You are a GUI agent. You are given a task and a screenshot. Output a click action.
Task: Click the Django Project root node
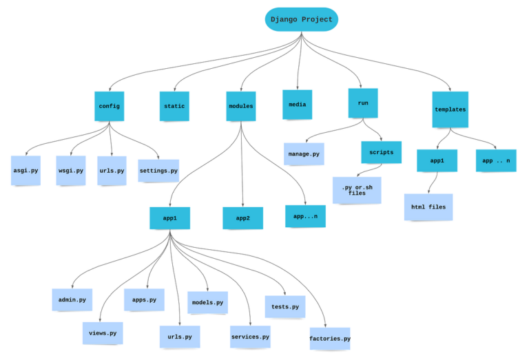302,20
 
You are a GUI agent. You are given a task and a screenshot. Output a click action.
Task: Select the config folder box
109,106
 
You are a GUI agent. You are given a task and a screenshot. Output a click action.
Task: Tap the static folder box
174,106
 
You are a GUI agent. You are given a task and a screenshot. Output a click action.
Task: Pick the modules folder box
240,106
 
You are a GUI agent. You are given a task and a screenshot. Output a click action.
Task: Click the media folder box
297,105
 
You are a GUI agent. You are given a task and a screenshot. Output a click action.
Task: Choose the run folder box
363,103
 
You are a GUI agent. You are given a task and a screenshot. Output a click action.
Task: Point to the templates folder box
450,109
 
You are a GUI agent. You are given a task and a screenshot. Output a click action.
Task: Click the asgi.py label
25,171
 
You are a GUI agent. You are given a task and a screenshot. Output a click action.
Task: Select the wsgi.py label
70,171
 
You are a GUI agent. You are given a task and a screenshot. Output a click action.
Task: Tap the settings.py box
158,171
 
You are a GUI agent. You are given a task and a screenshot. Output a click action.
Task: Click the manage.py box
303,154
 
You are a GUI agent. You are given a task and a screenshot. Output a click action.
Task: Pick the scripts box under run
381,152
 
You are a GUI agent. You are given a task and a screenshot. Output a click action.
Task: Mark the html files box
428,207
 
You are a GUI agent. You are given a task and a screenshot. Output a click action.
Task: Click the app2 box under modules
243,218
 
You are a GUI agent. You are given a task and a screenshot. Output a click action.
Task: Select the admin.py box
72,300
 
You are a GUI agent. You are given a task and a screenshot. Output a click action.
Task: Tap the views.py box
103,333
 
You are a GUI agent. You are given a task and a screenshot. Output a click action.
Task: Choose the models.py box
207,302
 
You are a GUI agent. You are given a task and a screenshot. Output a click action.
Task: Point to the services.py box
250,337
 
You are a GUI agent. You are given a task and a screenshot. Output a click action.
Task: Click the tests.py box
285,307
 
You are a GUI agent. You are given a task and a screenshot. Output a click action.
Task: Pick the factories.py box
330,339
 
